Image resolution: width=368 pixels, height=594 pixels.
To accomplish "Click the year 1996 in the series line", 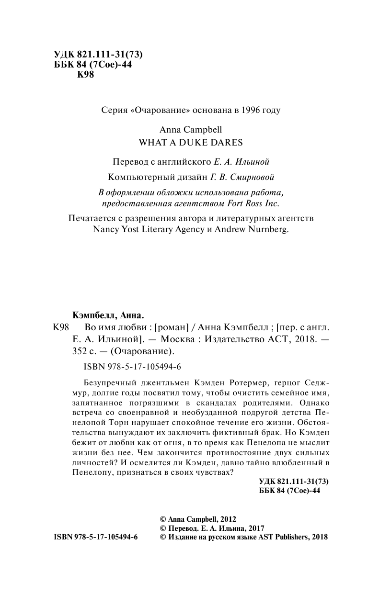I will point(248,110).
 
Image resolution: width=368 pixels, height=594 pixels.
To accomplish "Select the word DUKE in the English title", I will point(189,142).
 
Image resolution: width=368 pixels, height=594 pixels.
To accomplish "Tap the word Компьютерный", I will point(134,177).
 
